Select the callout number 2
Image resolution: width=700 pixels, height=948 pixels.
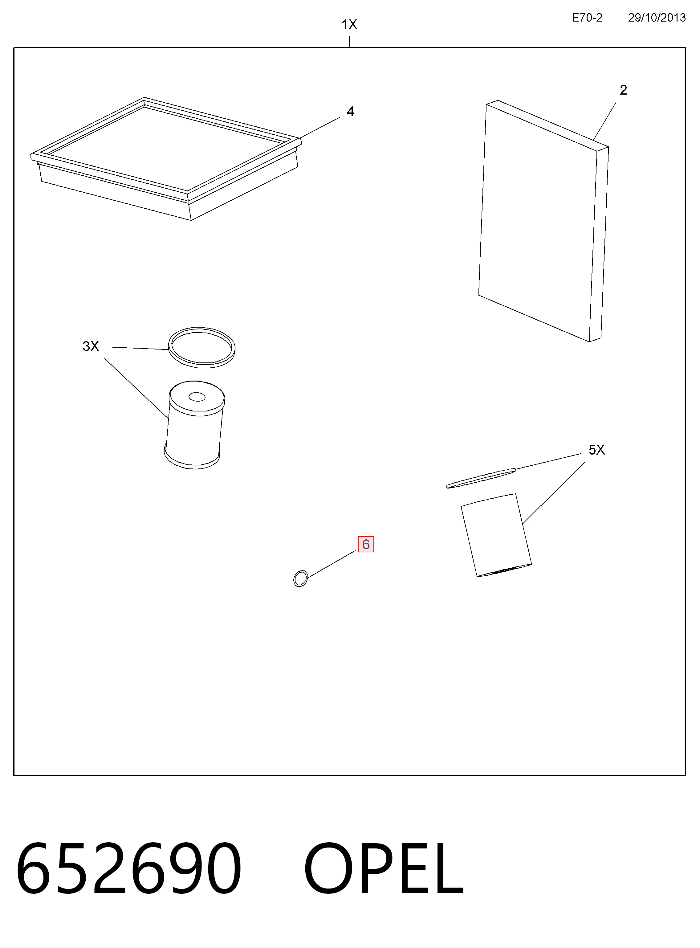623,90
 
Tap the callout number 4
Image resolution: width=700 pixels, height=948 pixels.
350,112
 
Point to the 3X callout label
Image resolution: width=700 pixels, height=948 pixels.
91,346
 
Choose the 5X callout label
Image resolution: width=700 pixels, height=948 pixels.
596,450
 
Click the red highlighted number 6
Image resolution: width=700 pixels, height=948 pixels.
366,544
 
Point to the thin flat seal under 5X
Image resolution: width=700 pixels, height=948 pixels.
481,478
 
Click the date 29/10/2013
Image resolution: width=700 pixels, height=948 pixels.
657,18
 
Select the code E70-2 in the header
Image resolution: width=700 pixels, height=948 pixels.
587,18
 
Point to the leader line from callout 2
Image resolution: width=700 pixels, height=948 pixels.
605,121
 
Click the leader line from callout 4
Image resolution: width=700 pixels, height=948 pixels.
320,128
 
